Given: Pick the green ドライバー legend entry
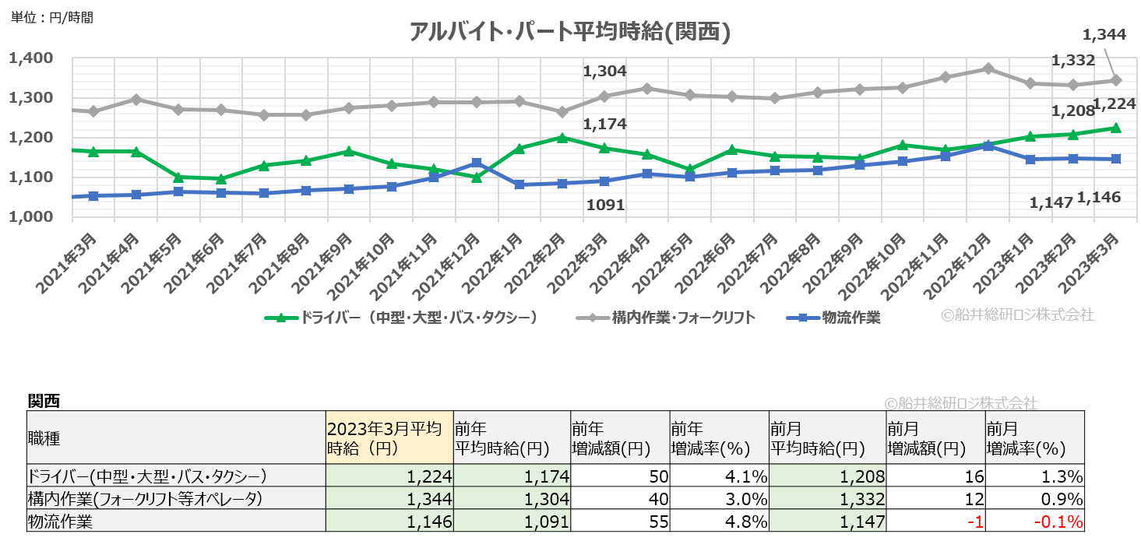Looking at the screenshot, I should coord(400,318).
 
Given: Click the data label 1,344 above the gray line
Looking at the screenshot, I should coord(1104,34).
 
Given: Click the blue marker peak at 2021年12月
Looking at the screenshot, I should coord(477,163).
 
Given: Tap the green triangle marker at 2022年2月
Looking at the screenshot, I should coord(562,138).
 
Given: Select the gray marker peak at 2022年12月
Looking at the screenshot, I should coord(988,69).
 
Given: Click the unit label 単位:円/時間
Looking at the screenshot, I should coord(51,17).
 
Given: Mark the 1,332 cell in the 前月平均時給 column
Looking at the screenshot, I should coord(865,498).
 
